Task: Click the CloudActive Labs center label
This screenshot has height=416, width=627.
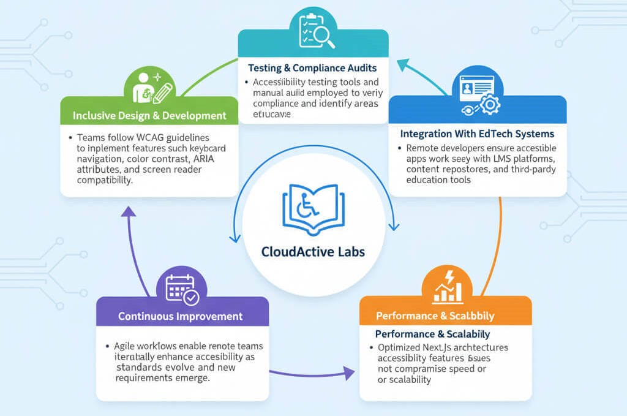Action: click(x=313, y=252)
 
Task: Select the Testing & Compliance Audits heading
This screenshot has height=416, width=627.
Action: click(x=312, y=67)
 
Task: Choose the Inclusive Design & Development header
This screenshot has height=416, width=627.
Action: click(x=149, y=115)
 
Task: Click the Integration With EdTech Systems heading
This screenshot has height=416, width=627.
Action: click(x=477, y=134)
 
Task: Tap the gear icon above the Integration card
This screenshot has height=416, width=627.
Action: click(x=489, y=106)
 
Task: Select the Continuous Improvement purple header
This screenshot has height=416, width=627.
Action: click(x=180, y=317)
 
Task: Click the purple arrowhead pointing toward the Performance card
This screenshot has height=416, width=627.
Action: click(x=348, y=373)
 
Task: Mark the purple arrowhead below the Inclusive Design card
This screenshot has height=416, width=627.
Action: click(x=128, y=212)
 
